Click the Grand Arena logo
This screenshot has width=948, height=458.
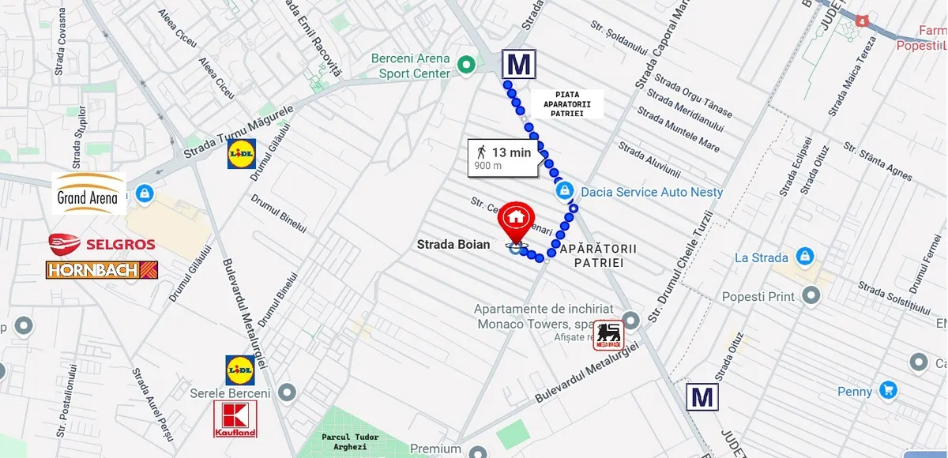click(x=90, y=193)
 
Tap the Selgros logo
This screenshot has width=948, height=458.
click(x=102, y=243)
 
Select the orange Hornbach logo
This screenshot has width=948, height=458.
click(x=102, y=270)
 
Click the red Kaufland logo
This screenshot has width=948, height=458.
click(x=235, y=419)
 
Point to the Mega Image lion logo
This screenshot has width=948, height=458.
click(x=608, y=335)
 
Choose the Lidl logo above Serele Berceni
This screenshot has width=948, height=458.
click(x=240, y=369)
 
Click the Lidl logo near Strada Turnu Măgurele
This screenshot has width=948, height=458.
click(x=241, y=155)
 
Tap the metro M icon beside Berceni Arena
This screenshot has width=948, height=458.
click(x=519, y=64)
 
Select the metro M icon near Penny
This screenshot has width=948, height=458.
click(x=702, y=396)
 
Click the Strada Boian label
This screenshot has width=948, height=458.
click(x=453, y=245)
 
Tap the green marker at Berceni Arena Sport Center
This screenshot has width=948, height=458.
click(x=466, y=65)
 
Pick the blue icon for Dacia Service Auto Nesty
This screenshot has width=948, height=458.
click(x=564, y=191)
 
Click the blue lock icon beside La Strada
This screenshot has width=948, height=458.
click(x=804, y=257)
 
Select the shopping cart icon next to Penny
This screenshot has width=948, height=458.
click(x=889, y=390)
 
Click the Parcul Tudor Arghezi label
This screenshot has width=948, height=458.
click(x=350, y=442)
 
